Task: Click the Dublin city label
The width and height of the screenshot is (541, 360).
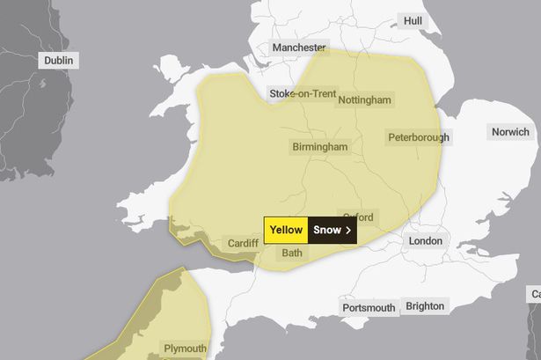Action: pos(58,61)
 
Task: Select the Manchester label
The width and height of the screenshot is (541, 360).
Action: pos(299,48)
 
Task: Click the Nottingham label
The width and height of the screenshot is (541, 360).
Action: pos(364,100)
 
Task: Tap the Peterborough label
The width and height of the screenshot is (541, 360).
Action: pos(418,137)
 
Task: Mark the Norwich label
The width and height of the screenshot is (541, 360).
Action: pos(511,133)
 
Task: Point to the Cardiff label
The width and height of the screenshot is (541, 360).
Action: pos(243,243)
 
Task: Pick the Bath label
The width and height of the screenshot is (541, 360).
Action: pos(291,253)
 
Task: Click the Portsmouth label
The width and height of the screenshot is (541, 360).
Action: pos(369,308)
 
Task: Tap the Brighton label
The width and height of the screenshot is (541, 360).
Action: pos(425,306)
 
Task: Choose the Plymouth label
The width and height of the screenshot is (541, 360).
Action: pos(183,348)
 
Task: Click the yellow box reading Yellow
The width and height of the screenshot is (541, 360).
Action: pos(286,231)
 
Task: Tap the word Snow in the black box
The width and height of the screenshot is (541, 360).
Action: pos(327,231)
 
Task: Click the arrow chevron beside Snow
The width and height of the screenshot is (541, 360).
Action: pos(348,231)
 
